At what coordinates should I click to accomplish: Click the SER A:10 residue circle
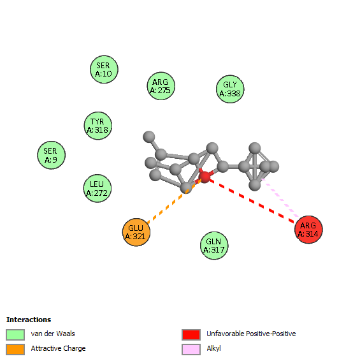[104, 70]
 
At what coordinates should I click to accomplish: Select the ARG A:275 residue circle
[161, 86]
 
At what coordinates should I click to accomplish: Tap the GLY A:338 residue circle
[230, 89]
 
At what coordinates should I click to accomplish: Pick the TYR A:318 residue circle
[98, 126]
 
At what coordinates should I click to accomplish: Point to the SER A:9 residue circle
[52, 155]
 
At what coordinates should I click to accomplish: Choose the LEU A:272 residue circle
[97, 188]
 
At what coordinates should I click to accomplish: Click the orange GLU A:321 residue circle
[136, 232]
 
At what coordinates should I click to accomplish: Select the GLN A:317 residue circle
[214, 246]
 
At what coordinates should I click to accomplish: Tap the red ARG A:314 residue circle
[308, 230]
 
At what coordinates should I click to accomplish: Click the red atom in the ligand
[205, 177]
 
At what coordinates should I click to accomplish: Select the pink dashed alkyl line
[280, 198]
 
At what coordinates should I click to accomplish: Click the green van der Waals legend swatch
[15, 334]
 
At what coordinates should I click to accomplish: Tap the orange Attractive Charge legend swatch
[15, 350]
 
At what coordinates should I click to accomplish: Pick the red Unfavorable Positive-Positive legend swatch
[191, 334]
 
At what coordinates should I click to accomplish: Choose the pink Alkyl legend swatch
[191, 350]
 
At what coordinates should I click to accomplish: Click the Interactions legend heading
[29, 320]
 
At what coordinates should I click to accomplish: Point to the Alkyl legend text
[213, 349]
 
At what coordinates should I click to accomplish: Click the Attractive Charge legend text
[58, 349]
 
